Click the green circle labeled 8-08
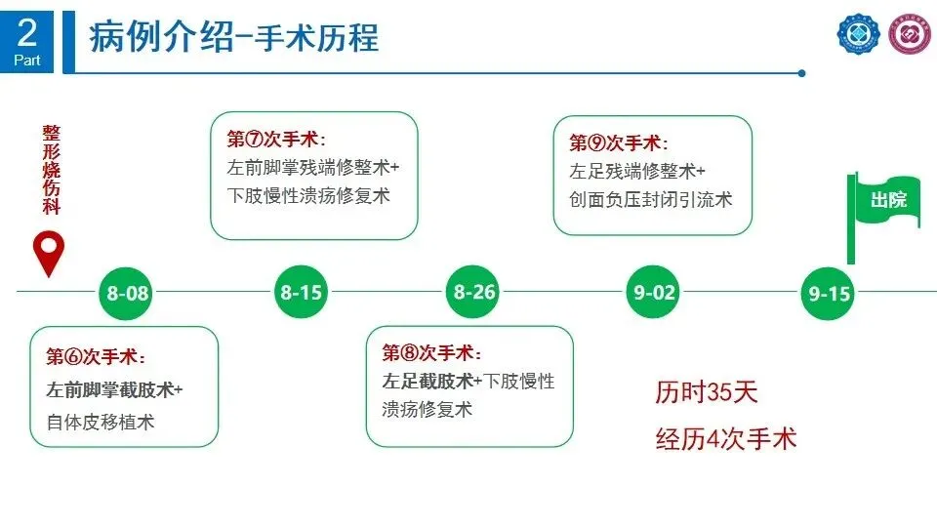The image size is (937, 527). coord(128,293)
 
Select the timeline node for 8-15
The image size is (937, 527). coord(301,292)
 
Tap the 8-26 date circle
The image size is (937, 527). coord(475,292)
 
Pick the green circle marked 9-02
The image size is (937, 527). coord(653,292)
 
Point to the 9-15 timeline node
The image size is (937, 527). coord(830,293)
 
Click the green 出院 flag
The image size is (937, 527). coord(886,200)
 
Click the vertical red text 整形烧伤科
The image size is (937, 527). coord(51,173)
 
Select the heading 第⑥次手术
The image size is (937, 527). coord(97,357)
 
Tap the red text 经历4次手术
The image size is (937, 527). coord(725,438)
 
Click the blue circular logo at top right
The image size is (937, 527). coord(858,36)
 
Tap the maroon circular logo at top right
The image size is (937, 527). coord(910,37)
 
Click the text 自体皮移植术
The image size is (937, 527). coord(101,422)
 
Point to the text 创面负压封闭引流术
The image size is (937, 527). coord(650,199)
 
